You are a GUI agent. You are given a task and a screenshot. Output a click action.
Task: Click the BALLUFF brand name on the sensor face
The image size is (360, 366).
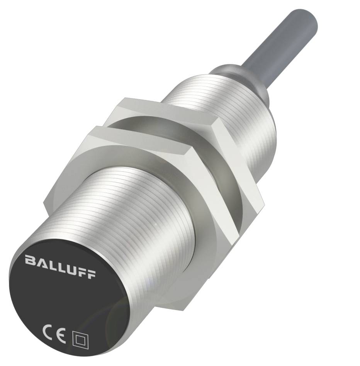pyautogui.click(x=61, y=266)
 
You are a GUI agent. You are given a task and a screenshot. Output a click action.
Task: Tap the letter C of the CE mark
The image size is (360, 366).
pyautogui.click(x=48, y=330)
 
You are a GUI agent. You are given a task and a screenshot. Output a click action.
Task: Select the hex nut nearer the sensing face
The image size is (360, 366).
pyautogui.click(x=127, y=170)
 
